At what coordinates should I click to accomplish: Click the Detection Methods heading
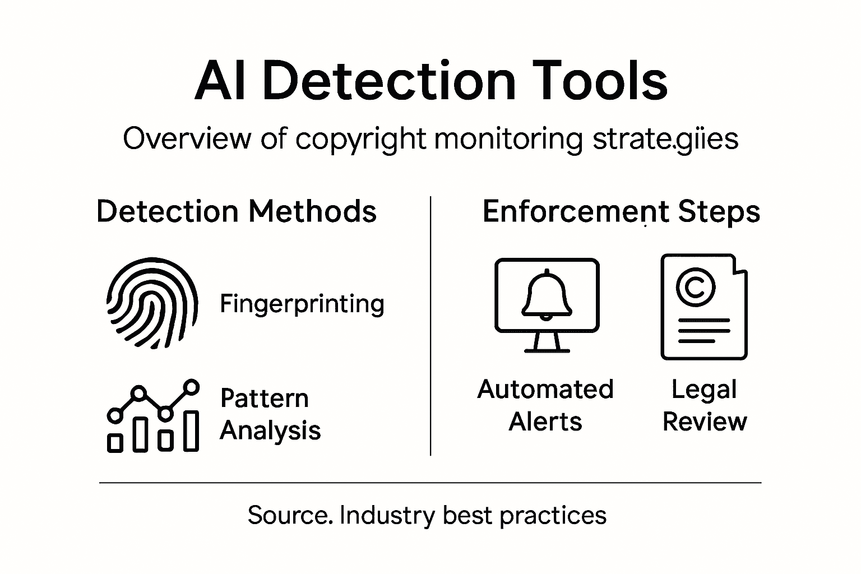236,212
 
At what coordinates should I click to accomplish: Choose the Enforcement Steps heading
621,212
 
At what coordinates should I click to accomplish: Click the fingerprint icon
152,303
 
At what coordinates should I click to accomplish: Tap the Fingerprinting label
302,304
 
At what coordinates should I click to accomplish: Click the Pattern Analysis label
270,414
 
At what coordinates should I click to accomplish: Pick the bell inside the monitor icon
547,294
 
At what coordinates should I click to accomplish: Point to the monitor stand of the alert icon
547,342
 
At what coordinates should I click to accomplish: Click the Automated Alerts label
545,405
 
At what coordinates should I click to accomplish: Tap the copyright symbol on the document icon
696,286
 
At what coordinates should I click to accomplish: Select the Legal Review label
705,405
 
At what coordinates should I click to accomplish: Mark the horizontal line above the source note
430,482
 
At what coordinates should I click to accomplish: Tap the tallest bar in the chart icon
192,430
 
